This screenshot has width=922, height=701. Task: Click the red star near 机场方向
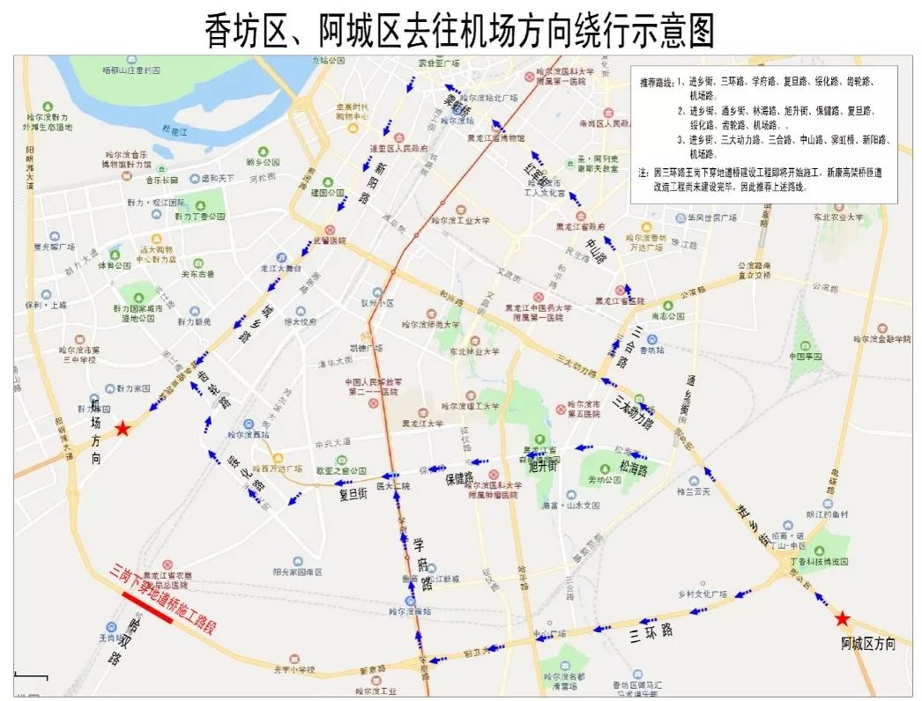(x=123, y=429)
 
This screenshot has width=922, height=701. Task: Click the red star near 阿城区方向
(x=843, y=618)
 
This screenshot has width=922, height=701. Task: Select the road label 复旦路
(x=353, y=495)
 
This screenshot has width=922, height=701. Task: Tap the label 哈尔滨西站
(x=249, y=435)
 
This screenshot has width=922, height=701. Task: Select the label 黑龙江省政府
(x=579, y=226)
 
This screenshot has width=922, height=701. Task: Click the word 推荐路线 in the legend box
(x=658, y=82)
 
